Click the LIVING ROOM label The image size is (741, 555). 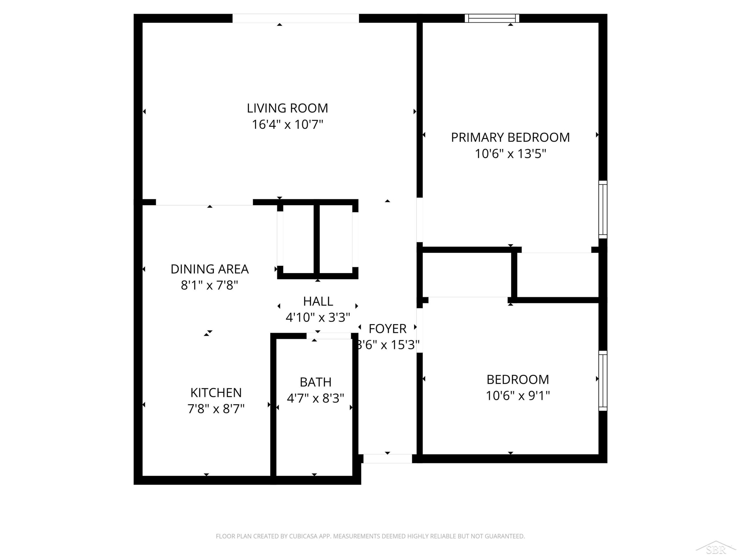287,108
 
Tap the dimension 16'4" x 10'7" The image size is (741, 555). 287,125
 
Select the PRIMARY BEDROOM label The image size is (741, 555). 510,138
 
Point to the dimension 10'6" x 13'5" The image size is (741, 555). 511,154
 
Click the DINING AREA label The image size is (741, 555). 210,269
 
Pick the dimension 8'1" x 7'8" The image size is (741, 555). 210,285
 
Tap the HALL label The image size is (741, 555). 318,301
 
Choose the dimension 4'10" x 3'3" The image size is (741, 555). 318,317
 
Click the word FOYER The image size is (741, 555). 388,329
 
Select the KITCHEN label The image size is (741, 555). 216,393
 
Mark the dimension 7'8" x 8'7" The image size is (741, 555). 216,409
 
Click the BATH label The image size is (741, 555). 316,382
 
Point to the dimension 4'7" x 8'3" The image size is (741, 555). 316,398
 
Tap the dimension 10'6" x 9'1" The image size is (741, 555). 518,396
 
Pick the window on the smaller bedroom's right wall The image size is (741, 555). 603,381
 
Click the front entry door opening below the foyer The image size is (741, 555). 388,459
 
